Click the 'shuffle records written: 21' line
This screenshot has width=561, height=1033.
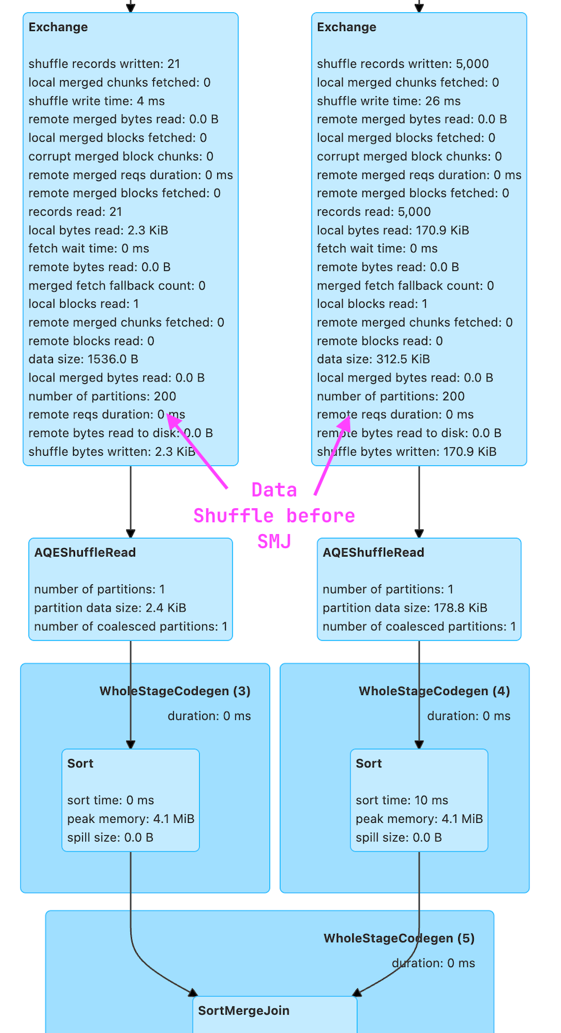point(104,64)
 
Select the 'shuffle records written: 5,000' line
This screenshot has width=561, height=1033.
point(403,64)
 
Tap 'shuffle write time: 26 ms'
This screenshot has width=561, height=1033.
point(388,101)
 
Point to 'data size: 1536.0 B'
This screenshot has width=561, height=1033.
point(83,359)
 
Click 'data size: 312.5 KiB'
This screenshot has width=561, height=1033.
point(373,359)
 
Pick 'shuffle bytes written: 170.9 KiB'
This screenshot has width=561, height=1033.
point(407,452)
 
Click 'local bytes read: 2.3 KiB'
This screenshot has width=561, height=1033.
point(98,230)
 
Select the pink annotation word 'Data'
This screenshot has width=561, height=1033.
point(274,490)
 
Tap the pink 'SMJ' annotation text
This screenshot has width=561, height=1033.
point(274,541)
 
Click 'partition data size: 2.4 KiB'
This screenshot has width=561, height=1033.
point(110,608)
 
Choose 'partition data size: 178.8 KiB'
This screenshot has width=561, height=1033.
point(405,608)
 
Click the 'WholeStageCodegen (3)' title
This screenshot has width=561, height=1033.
point(175,691)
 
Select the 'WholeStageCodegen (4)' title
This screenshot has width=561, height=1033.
point(434,691)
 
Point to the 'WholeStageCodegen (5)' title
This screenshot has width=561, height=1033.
point(399,938)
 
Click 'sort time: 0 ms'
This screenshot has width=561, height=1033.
point(110,800)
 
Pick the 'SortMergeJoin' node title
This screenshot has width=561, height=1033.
point(244,1011)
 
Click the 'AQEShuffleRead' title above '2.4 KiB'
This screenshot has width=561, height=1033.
point(85,553)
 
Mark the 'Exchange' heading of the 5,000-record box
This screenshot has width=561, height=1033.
point(346,27)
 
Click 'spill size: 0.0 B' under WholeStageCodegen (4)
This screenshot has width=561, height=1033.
point(398,838)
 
